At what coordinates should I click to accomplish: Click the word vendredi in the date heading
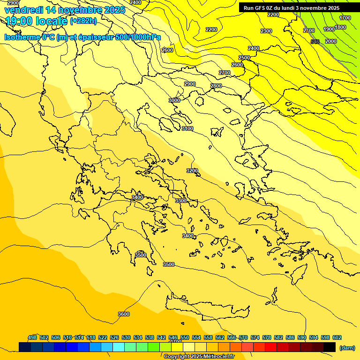pos(24,10)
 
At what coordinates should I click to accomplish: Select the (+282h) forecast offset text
pos(83,21)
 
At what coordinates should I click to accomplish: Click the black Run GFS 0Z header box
pos(292,8)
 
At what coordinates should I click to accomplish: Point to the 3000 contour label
pos(174,100)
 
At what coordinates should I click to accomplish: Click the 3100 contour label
pos(187,128)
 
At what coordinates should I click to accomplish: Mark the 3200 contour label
pos(192,171)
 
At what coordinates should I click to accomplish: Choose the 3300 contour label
pos(180,201)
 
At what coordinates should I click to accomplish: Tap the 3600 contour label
pos(124,314)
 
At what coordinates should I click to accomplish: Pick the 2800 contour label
pos(216,86)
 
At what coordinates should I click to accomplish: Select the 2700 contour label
pos(225,73)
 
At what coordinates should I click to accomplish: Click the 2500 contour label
pos(244,58)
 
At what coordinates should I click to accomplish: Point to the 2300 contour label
pos(266,31)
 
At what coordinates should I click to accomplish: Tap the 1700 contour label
pos(345,18)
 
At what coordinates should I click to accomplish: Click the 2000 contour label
pos(331,41)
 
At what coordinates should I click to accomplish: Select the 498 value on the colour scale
pos(32,337)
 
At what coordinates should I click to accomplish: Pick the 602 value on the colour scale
pos(337,337)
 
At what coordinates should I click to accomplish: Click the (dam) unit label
pos(347,347)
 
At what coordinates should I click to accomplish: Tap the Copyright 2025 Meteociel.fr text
pos(199,357)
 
